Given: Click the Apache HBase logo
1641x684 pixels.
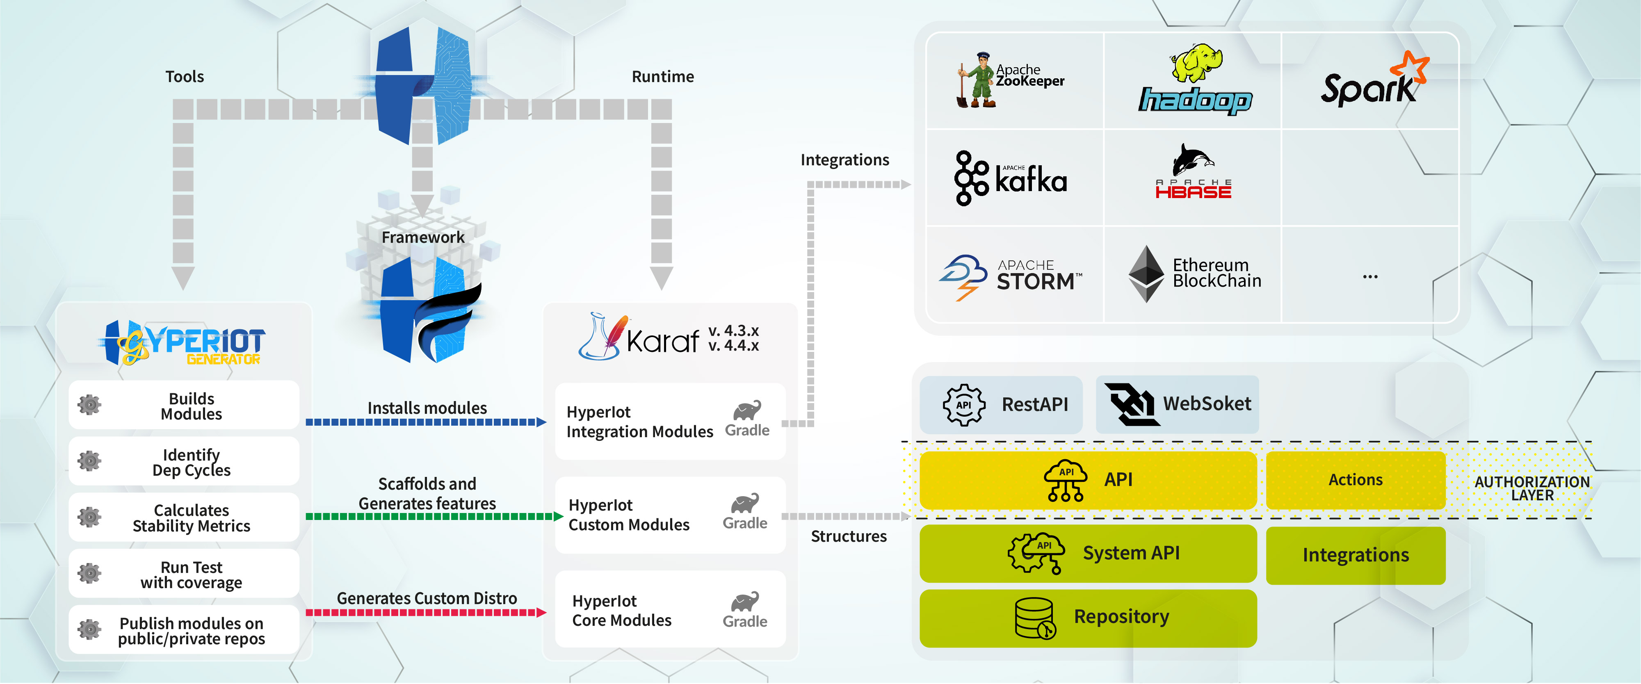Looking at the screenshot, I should [1193, 173].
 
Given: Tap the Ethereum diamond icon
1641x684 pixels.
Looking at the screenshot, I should [1146, 274].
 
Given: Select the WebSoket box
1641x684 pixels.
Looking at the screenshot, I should [1177, 404].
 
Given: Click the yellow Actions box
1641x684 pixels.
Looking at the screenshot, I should [1355, 479].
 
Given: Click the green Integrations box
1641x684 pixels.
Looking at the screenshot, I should [1355, 555].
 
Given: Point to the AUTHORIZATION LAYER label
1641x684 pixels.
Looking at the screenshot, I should [1531, 488].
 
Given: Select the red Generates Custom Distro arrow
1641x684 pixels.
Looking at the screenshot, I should [426, 613].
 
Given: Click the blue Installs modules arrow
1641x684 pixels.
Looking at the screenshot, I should [426, 422].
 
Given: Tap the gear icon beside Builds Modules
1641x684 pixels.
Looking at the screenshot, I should [89, 404].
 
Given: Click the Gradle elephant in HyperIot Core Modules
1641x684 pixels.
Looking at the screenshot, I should [745, 602].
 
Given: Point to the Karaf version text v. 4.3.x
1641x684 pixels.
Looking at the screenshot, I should [733, 331].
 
